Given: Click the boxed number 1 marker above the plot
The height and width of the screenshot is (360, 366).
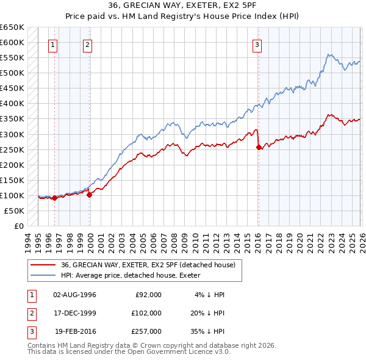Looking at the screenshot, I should [54, 45].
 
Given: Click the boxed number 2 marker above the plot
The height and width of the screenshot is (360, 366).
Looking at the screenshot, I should [88, 45].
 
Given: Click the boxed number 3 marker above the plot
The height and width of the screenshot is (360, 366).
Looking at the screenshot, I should [257, 45].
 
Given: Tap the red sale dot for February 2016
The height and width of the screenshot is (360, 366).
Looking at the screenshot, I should [259, 147].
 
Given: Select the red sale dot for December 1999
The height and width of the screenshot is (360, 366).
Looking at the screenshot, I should [90, 195].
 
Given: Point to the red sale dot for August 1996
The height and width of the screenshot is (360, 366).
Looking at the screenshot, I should [55, 198].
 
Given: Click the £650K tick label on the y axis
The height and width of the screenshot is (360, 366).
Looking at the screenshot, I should [12, 27].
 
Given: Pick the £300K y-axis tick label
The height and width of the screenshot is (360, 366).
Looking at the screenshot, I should [12, 134].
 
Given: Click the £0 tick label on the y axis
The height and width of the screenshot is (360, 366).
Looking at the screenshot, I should [18, 226].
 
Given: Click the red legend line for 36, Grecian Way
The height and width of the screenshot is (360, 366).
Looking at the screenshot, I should [43, 265].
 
